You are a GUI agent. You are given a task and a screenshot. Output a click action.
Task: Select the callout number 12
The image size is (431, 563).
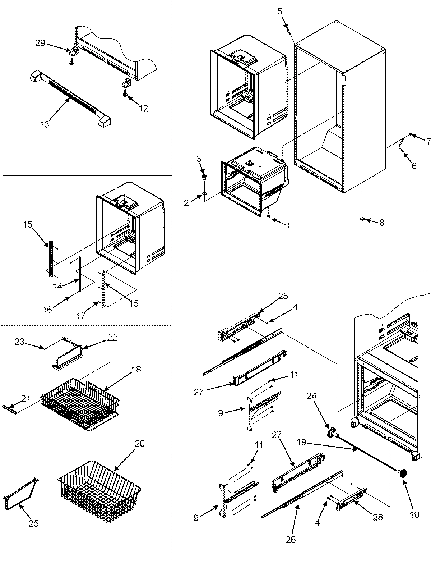pyautogui.click(x=143, y=108)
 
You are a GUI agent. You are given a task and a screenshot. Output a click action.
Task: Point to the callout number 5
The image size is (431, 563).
pyautogui.click(x=280, y=11)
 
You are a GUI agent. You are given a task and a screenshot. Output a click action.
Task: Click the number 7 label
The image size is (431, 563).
pyautogui.click(x=428, y=141)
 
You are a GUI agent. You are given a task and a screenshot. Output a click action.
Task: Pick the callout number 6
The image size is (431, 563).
pyautogui.click(x=414, y=166)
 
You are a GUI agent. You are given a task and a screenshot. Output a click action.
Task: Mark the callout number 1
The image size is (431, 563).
pyautogui.click(x=288, y=225)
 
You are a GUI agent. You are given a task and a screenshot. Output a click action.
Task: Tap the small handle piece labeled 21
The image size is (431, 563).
pyautogui.click(x=11, y=407)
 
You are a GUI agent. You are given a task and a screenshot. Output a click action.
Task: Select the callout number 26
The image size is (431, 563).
pyautogui.click(x=291, y=540)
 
